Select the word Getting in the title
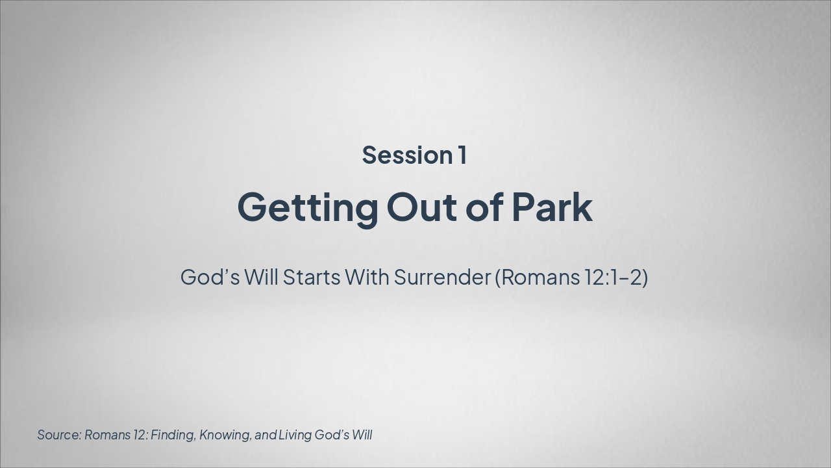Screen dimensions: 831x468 tap(308, 208)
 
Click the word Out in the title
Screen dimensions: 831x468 tap(422, 207)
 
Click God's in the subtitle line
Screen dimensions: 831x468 tap(210, 277)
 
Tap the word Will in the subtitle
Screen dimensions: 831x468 tap(261, 277)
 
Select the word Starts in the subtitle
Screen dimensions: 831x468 tap(312, 278)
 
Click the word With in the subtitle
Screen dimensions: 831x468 tap(367, 277)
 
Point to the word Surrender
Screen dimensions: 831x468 tap(443, 278)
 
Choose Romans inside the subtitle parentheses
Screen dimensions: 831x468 tap(538, 278)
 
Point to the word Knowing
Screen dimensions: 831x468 tap(225, 435)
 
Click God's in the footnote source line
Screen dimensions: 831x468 tap(332, 435)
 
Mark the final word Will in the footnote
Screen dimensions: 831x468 tap(362, 435)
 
